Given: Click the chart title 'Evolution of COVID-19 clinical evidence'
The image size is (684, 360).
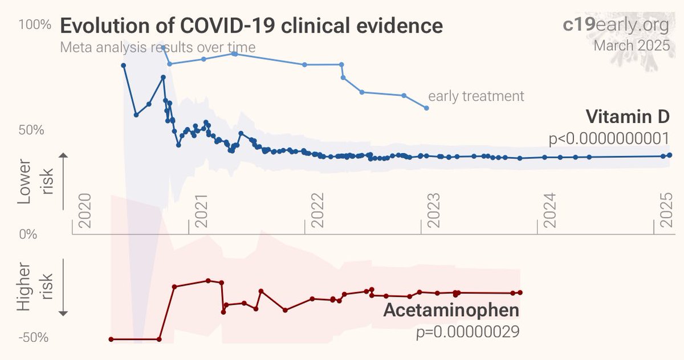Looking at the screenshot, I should pyautogui.click(x=251, y=26).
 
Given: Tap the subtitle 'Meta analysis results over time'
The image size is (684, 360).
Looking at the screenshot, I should pyautogui.click(x=157, y=47).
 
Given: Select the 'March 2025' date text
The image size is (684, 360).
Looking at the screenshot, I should pyautogui.click(x=632, y=46).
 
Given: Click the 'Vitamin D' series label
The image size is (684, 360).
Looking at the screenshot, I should pyautogui.click(x=627, y=117).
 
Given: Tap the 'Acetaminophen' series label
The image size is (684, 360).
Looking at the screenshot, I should pyautogui.click(x=451, y=311).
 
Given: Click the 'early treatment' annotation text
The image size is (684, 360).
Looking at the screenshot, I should pyautogui.click(x=476, y=96).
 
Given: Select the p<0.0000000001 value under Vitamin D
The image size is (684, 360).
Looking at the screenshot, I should pyautogui.click(x=607, y=138).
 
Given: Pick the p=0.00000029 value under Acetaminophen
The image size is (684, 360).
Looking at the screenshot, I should pyautogui.click(x=467, y=331).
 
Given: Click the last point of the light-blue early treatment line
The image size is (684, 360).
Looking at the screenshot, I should pyautogui.click(x=426, y=108).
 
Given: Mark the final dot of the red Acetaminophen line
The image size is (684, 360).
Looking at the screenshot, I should pyautogui.click(x=520, y=293).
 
